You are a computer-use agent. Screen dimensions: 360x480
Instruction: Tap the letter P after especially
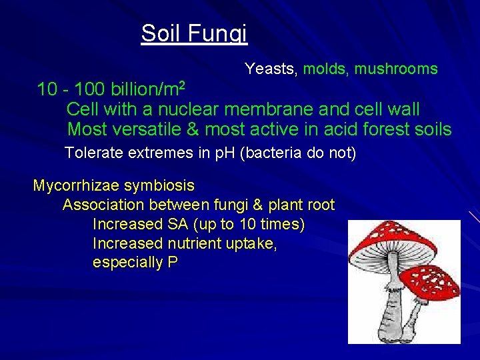[173, 263]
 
